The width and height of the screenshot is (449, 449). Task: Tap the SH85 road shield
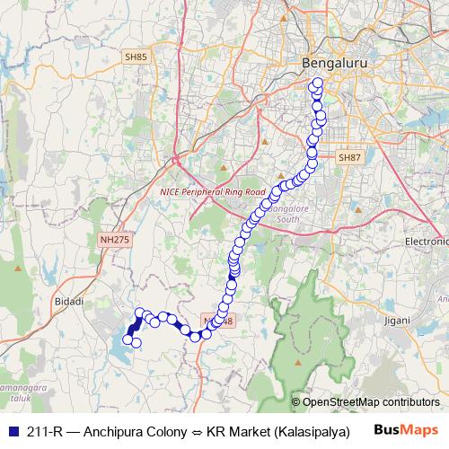(x=136, y=57)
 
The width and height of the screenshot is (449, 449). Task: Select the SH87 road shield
(x=349, y=157)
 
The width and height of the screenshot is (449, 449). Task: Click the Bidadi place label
(x=69, y=303)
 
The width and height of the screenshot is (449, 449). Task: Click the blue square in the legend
(x=11, y=430)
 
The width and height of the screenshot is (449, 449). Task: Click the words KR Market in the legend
(x=237, y=430)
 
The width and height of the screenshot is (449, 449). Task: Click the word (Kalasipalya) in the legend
(x=310, y=430)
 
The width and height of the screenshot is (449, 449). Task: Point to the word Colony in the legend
(x=165, y=430)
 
